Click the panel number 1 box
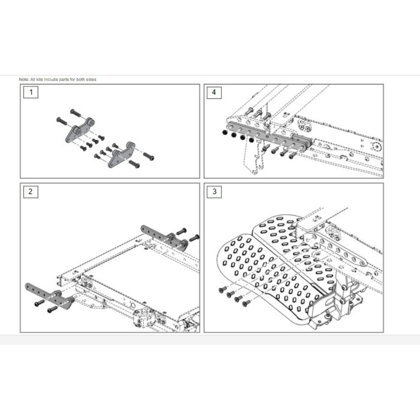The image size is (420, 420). click(31, 92)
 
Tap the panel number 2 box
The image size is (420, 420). click(31, 192)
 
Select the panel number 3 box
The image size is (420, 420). click(214, 192)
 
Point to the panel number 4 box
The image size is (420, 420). click(214, 92)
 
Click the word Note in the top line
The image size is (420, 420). click(24, 79)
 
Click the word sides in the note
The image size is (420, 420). click(91, 79)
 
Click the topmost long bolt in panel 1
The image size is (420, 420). click(76, 113)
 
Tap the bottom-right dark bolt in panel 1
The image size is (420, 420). click(134, 164)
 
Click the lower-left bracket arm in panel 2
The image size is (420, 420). click(50, 296)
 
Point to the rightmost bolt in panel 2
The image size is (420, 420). click(194, 238)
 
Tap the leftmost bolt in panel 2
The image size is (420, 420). click(39, 303)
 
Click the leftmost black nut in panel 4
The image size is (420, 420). click(225, 132)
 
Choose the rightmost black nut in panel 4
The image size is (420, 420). click(251, 140)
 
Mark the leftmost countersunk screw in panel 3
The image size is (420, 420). click(222, 289)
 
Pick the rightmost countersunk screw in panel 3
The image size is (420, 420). click(246, 303)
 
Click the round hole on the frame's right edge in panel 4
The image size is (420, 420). click(376, 147)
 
